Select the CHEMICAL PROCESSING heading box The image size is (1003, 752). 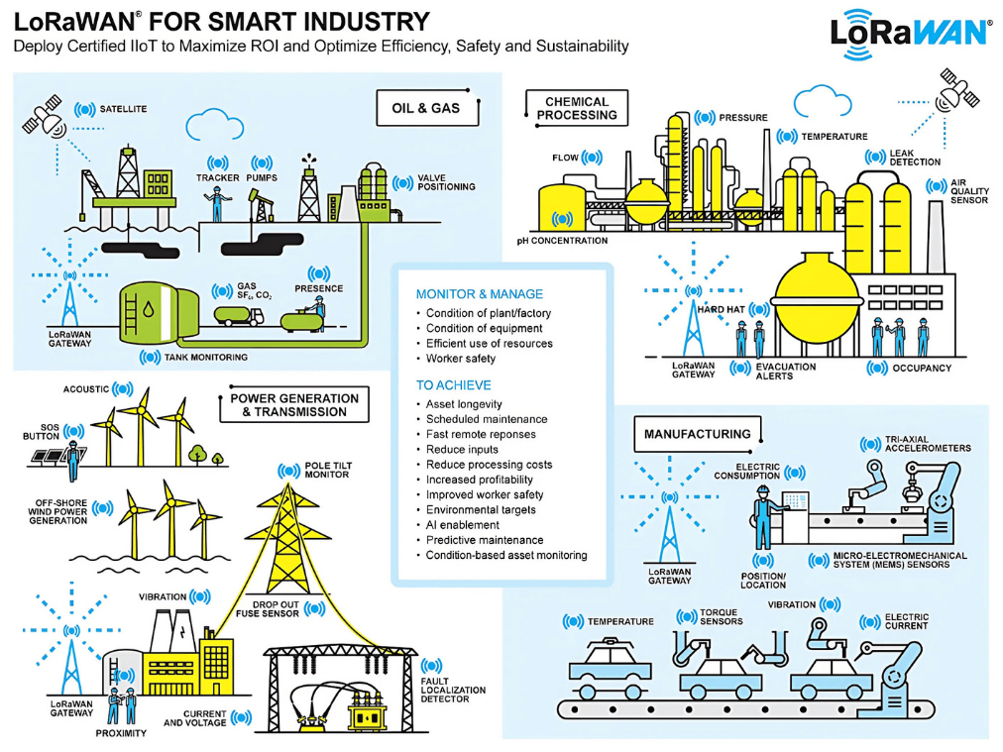tap(577, 108)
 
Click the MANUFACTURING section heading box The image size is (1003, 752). tap(697, 434)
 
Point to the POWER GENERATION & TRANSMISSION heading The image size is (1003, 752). tap(294, 405)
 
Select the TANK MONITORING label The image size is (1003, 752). tap(206, 357)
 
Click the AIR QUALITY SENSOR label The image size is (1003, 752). tap(968, 192)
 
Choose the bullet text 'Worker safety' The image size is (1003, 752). tap(461, 359)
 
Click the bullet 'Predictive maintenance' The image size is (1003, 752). tap(485, 540)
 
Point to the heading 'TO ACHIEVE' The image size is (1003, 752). tap(453, 385)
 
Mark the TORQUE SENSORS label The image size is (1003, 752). tap(721, 617)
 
